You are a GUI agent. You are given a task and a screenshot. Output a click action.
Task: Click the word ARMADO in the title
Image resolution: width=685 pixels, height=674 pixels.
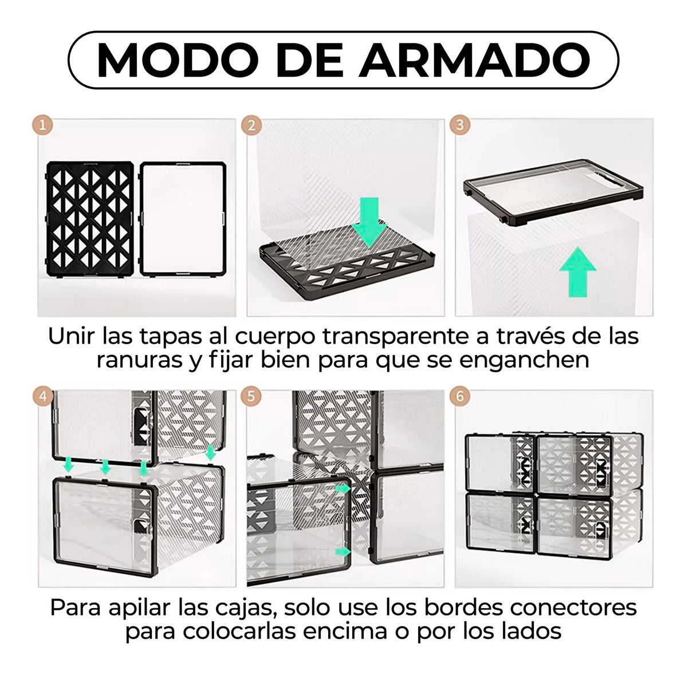tap(474, 60)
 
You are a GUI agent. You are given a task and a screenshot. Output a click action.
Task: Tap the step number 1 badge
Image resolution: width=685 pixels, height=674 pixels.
tap(42, 125)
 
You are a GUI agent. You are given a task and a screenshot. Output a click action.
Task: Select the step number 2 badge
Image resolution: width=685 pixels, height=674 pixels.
tap(251, 125)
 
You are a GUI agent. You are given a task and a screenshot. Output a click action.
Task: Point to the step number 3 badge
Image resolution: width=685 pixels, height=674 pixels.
tap(459, 125)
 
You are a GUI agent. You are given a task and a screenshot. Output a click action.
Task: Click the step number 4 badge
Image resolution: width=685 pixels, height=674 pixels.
tap(43, 396)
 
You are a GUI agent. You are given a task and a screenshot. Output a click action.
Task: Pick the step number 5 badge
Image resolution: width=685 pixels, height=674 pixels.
tap(251, 396)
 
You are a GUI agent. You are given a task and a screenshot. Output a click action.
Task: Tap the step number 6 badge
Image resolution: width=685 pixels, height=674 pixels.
tap(459, 396)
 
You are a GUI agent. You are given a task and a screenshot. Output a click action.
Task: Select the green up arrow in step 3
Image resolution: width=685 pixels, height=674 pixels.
tap(577, 271)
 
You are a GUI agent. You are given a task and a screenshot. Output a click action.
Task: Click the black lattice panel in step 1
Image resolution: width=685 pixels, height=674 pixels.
tap(90, 219)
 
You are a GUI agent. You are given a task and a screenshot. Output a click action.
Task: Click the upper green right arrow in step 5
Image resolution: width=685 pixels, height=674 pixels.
tap(343, 488)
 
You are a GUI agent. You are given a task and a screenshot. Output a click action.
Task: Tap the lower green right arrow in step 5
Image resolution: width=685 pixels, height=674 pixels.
tap(343, 552)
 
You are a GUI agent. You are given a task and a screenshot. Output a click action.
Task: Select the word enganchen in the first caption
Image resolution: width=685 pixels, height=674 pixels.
tap(524, 361)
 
